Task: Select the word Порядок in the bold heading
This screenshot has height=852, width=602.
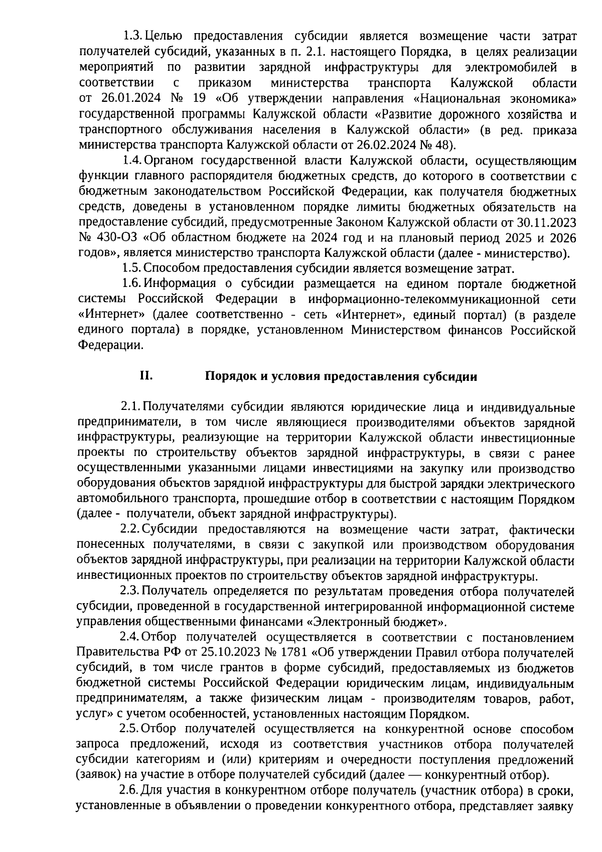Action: tap(229, 377)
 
